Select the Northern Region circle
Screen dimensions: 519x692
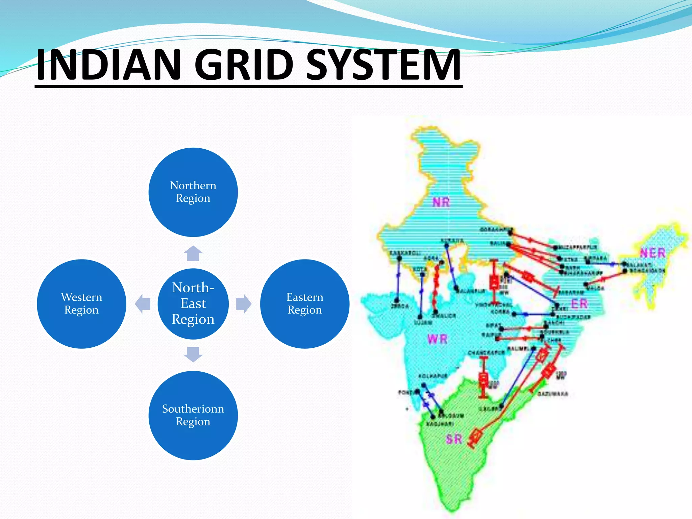click(x=193, y=192)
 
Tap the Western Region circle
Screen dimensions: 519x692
click(x=81, y=303)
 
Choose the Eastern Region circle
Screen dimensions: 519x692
click(x=304, y=303)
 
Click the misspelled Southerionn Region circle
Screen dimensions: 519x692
click(x=193, y=415)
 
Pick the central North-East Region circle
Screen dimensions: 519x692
click(x=193, y=303)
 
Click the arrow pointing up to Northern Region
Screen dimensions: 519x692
click(x=193, y=253)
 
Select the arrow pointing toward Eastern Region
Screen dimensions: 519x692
click(x=244, y=303)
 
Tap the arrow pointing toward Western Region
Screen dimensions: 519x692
click(x=143, y=303)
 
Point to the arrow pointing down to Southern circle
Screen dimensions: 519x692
click(x=193, y=354)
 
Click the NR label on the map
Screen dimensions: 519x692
click(x=441, y=202)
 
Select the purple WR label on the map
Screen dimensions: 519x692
click(x=437, y=339)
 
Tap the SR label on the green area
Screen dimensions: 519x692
click(x=453, y=439)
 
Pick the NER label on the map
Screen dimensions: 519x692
click(x=652, y=253)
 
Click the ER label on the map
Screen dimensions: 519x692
click(x=579, y=303)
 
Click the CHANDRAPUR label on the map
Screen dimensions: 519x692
click(x=486, y=352)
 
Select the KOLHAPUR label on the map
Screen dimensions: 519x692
click(x=433, y=376)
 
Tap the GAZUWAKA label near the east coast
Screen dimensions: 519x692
click(x=553, y=394)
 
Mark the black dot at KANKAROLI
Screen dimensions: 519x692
click(x=399, y=258)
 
